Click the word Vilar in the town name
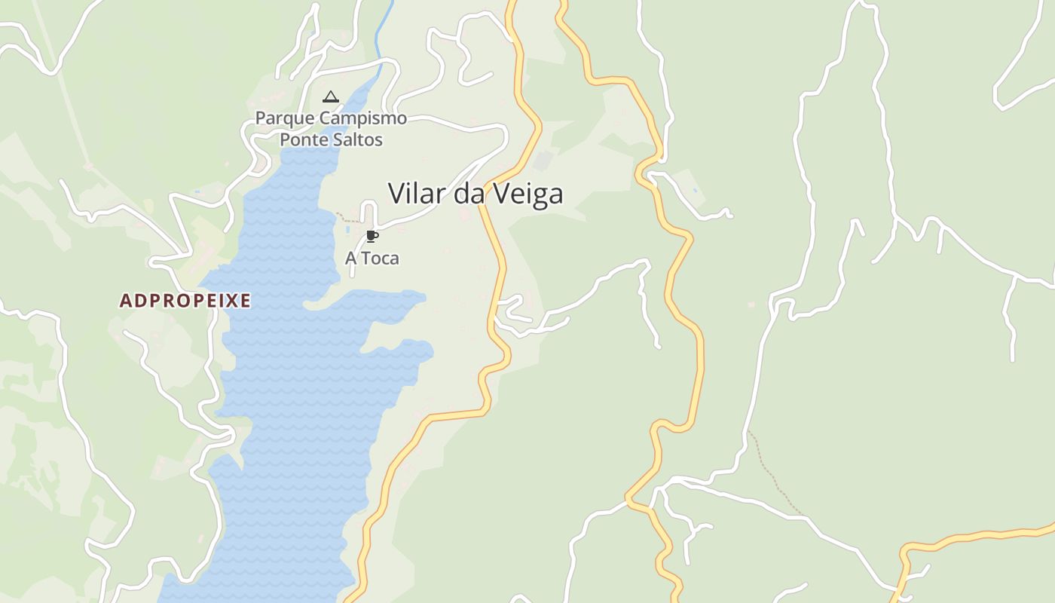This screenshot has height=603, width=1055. point(417,194)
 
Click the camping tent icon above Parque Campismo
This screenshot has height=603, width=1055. point(330,96)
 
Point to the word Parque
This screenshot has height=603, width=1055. point(286,118)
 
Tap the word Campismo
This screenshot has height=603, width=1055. point(363,118)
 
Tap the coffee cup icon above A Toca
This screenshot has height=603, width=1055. point(372,237)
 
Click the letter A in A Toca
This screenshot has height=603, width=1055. point(350,259)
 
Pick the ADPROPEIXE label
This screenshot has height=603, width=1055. point(185,301)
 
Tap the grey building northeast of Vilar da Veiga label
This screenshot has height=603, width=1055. point(543,161)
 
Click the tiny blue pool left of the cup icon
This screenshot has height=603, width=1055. point(347,229)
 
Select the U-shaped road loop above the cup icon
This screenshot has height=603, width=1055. point(368,211)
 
